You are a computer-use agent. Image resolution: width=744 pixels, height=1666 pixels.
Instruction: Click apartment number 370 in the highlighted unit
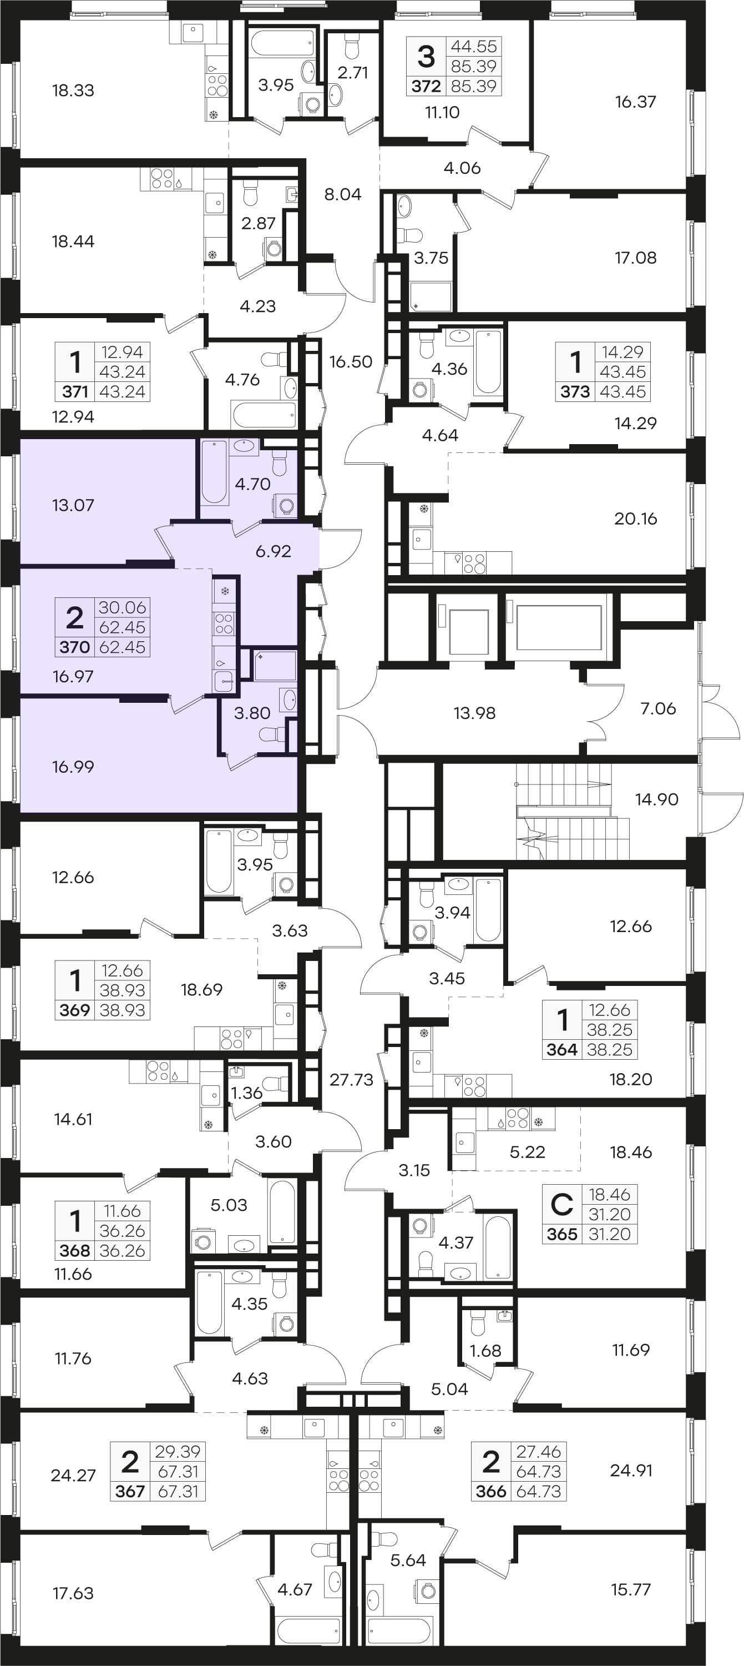74,647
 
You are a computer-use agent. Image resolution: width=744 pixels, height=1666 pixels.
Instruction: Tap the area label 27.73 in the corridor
351,1079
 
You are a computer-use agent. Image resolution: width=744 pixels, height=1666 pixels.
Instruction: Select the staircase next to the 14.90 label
573,811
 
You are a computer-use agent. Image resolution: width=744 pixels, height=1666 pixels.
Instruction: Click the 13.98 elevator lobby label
474,713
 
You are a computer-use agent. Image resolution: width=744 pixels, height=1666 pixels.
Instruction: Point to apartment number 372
426,86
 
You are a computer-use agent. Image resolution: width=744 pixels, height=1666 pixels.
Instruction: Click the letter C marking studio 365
561,1204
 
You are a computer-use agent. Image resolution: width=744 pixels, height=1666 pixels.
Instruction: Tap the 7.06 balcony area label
658,708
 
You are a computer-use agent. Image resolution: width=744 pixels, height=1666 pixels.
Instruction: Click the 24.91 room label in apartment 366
631,1470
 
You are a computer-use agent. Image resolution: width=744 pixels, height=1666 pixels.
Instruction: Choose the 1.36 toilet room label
247,1093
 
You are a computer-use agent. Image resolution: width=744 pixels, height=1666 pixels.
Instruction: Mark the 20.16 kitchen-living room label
635,518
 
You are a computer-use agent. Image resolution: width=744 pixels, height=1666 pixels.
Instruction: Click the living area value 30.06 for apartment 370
122,607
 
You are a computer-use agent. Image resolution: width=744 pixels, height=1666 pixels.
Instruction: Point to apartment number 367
130,1491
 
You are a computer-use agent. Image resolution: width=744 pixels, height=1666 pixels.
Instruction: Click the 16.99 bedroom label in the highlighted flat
73,767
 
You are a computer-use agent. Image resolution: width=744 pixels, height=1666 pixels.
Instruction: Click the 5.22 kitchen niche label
528,1152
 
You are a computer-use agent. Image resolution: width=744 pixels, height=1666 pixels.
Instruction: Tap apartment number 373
575,391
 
